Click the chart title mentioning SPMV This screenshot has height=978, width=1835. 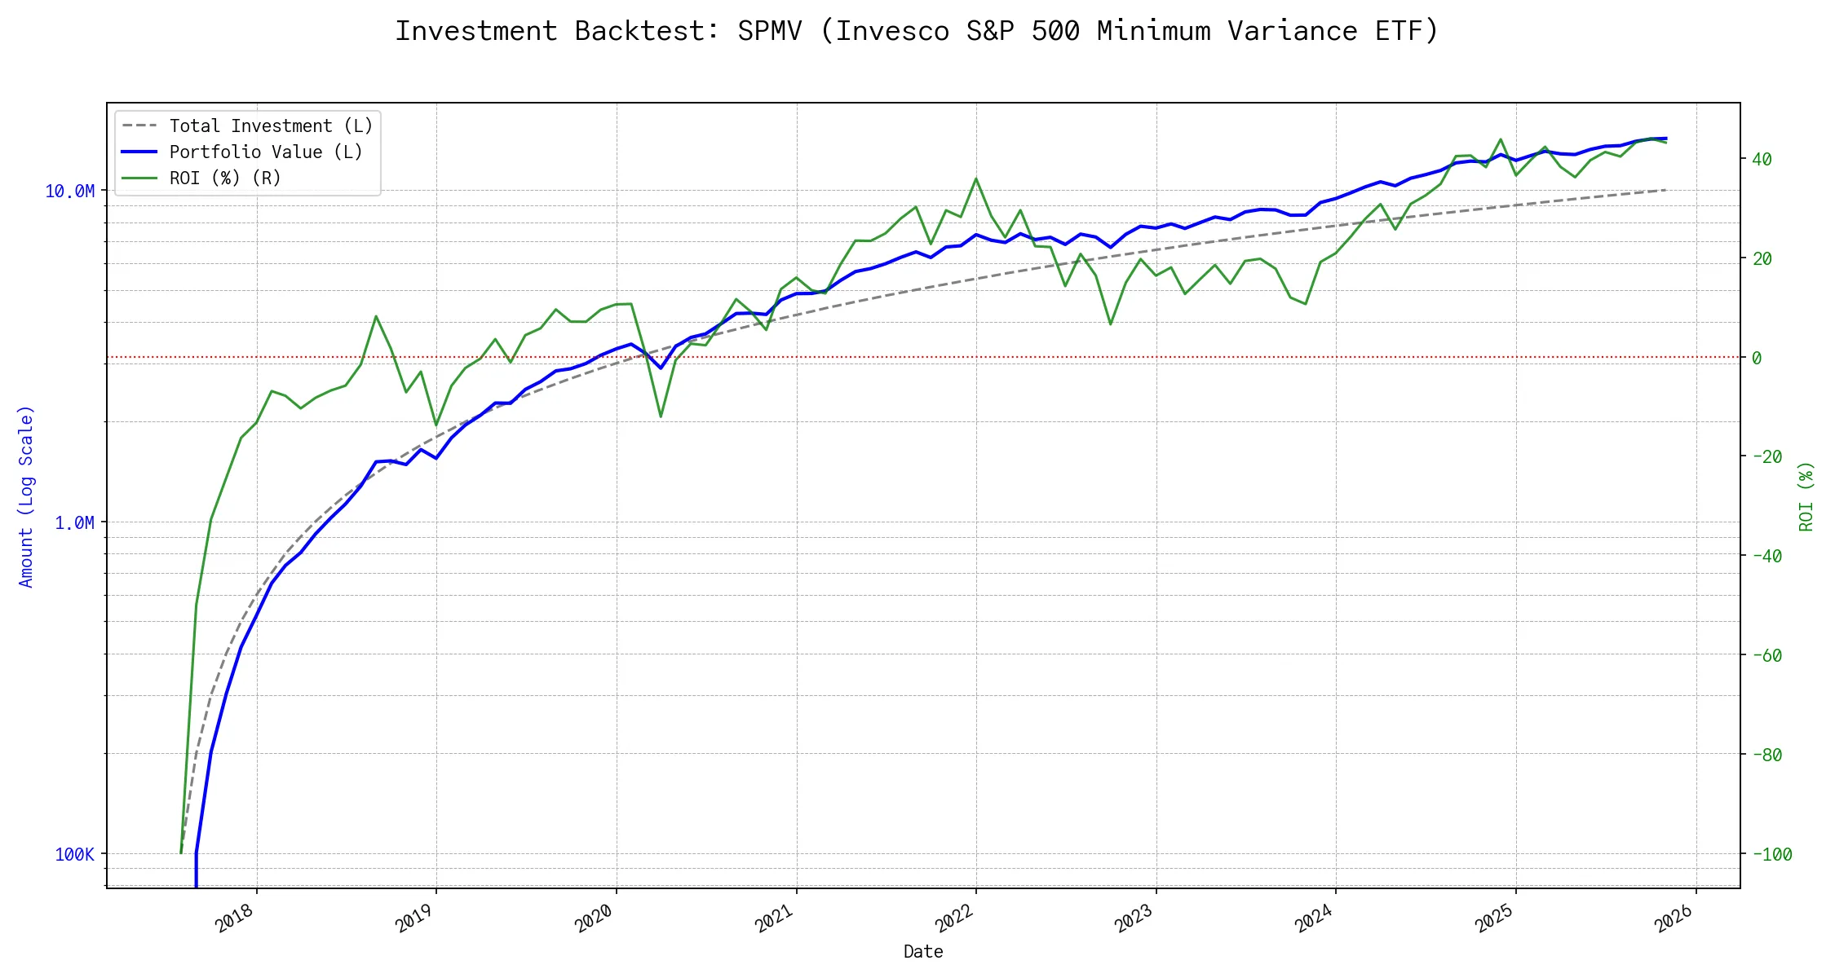coord(917,31)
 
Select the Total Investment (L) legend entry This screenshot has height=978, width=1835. coord(270,126)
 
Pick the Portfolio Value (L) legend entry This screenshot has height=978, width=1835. coord(265,152)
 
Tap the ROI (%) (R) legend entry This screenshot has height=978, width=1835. coord(224,178)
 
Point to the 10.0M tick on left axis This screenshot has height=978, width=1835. coord(70,192)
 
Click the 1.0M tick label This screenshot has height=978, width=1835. coord(74,523)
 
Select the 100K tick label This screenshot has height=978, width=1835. coord(75,855)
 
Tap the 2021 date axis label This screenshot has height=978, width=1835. coord(776,919)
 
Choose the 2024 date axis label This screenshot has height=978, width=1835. coord(1315,919)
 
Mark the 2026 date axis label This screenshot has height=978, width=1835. coord(1675,919)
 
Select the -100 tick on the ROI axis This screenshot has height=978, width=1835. coord(1772,855)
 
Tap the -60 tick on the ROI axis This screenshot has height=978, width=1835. coord(1767,656)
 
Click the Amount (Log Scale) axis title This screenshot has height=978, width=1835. coord(26,496)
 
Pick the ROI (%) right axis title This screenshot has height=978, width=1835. coord(1806,496)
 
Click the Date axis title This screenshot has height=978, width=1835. coord(923,952)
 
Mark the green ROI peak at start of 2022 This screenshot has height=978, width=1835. coord(976,178)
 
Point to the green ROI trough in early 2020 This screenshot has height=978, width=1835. coord(661,416)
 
